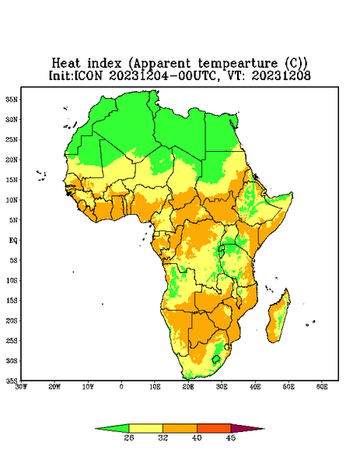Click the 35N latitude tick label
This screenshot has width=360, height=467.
(x=12, y=100)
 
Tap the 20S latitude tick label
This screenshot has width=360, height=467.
(x=12, y=321)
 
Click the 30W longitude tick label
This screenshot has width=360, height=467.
(x=21, y=387)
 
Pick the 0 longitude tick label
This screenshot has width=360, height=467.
(x=121, y=387)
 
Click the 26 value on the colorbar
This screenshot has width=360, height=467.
(x=129, y=437)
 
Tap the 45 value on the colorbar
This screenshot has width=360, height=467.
(x=231, y=437)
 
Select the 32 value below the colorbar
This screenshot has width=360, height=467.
(x=163, y=437)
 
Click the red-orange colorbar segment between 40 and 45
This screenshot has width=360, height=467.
(x=214, y=428)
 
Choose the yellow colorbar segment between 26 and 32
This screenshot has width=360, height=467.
(x=145, y=428)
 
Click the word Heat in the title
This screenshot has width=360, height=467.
(x=66, y=63)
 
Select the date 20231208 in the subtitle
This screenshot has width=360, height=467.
(x=281, y=75)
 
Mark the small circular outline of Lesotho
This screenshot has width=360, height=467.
(x=216, y=359)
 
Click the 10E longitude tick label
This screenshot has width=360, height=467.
(x=155, y=387)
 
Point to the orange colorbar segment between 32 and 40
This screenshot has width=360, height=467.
(x=180, y=428)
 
